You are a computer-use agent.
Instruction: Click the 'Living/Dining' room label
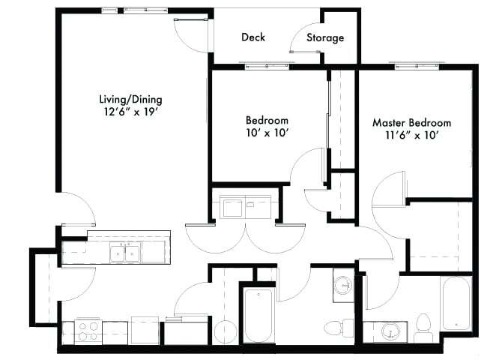click(x=130, y=99)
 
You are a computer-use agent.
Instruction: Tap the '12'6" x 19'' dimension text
click(x=130, y=112)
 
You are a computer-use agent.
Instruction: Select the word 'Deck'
click(x=253, y=37)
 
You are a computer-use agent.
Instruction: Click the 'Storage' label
click(x=324, y=37)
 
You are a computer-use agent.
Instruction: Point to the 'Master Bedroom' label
click(x=411, y=122)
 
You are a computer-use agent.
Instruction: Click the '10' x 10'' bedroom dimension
click(x=267, y=133)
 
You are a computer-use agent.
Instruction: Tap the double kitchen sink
click(x=124, y=253)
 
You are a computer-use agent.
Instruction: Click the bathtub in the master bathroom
click(x=456, y=304)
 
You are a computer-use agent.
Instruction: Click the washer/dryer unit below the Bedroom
click(x=242, y=205)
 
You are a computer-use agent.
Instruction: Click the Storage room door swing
click(x=302, y=40)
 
